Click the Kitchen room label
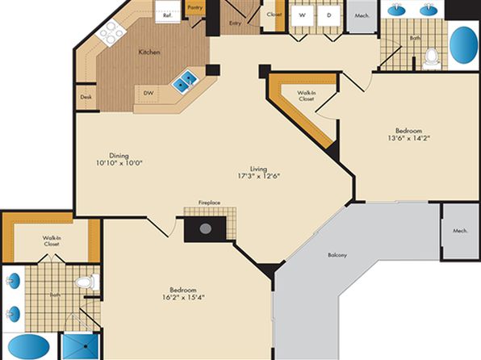149,52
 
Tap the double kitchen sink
184,82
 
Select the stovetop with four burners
111,32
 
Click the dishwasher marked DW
148,93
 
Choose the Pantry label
195,7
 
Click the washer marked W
302,15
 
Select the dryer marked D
328,15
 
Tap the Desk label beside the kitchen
86,97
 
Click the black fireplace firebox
205,228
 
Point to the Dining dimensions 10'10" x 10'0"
119,163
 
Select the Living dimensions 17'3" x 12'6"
259,176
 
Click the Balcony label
337,255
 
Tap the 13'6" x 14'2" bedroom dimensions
408,138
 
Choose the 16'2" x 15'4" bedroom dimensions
183,297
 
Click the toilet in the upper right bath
431,58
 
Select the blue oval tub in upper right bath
463,45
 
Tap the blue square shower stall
81,347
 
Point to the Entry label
235,23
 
